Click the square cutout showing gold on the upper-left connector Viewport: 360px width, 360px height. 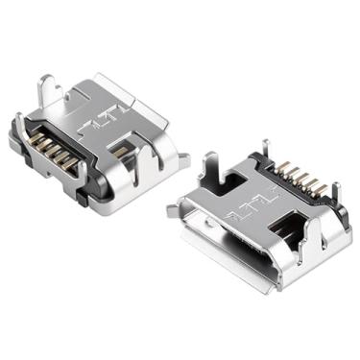[121, 151]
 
